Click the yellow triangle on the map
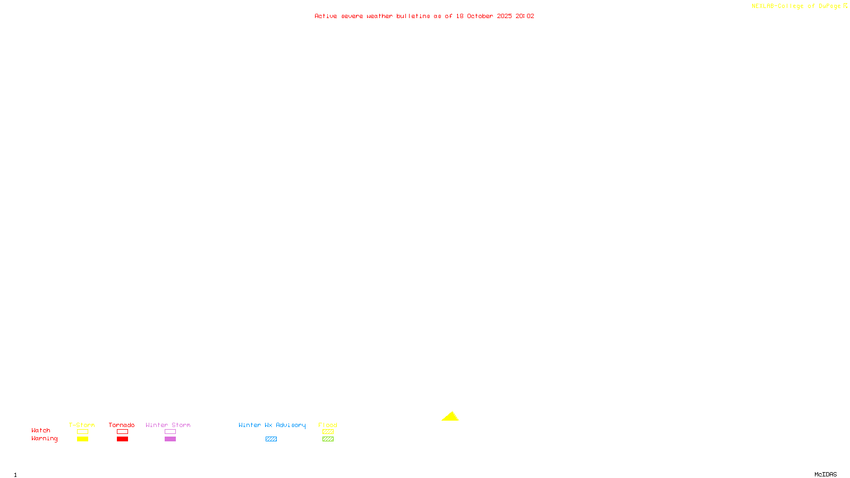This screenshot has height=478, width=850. click(450, 417)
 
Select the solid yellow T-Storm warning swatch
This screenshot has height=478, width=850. click(82, 439)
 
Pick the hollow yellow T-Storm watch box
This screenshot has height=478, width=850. click(82, 432)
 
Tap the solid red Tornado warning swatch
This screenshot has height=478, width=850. click(122, 439)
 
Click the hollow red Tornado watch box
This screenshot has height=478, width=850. click(122, 432)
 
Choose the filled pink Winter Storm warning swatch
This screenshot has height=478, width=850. click(170, 439)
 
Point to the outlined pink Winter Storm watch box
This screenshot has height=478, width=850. click(170, 432)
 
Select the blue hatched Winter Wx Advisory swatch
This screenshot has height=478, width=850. click(271, 439)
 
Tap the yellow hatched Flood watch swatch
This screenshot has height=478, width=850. click(328, 432)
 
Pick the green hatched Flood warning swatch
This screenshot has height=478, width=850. click(328, 439)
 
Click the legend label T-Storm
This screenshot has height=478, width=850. click(82, 425)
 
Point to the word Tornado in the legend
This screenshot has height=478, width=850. click(122, 425)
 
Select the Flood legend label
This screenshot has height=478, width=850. click(328, 425)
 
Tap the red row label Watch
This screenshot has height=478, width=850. click(41, 430)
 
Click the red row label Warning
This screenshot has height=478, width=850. click(45, 439)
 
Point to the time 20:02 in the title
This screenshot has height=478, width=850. click(525, 16)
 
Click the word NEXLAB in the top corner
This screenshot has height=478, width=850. click(763, 6)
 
